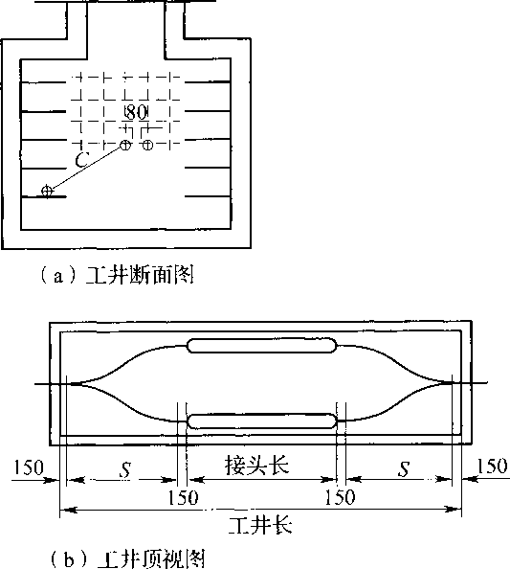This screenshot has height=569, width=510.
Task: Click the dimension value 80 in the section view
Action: (x=136, y=112)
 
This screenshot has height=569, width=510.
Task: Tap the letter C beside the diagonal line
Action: (x=82, y=160)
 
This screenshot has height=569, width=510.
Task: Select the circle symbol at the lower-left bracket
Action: (x=47, y=191)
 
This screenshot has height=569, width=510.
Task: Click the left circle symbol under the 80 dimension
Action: (x=125, y=146)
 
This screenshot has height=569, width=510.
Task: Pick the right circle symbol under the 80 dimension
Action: (x=147, y=146)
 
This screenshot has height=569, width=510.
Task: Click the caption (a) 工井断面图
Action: (x=117, y=277)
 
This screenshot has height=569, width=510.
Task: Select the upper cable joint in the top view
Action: (x=262, y=346)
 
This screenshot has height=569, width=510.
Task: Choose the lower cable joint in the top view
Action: (x=262, y=421)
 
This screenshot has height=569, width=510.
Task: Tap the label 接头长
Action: (x=257, y=466)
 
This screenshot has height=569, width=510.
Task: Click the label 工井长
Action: (x=260, y=525)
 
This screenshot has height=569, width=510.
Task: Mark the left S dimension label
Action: (x=125, y=469)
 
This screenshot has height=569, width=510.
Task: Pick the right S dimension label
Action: (x=404, y=468)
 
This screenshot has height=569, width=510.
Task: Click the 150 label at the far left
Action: (x=29, y=467)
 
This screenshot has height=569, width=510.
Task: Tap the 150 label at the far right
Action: (x=492, y=466)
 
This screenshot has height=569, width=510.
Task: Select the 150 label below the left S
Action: (x=183, y=498)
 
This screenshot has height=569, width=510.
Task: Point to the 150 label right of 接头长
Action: (x=340, y=497)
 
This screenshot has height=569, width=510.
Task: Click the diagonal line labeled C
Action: (x=86, y=168)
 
